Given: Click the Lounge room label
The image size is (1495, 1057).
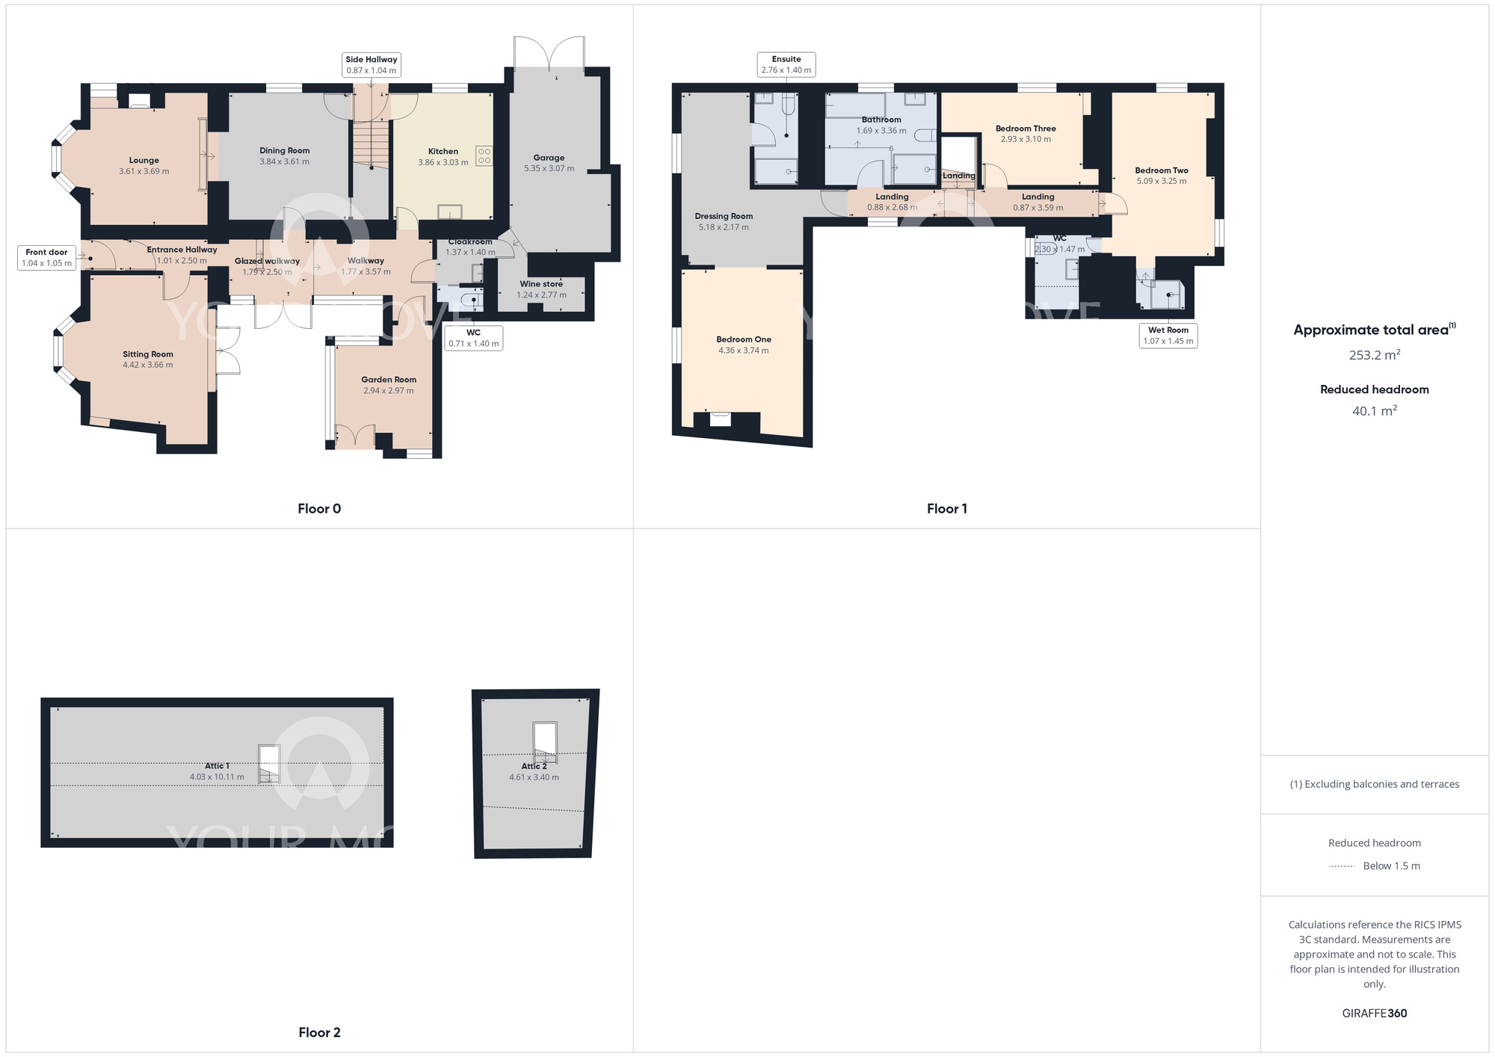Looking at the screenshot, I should [x=144, y=160].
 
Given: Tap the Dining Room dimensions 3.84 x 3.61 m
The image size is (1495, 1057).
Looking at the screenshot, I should [x=284, y=161].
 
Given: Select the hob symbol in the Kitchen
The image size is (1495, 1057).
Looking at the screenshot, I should [x=484, y=155].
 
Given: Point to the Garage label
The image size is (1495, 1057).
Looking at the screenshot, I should [x=549, y=158].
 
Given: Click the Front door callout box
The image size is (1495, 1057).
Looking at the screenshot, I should [x=46, y=258].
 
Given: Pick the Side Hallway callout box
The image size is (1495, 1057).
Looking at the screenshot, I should [x=371, y=65].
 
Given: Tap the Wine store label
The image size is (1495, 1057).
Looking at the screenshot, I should [x=541, y=284].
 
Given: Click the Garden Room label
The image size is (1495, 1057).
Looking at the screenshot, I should [x=389, y=380].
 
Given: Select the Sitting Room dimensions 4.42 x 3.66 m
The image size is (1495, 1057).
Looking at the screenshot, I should [x=148, y=366].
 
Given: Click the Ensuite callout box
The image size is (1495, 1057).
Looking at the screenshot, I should [x=786, y=65].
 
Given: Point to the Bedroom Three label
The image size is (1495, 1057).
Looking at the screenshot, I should [x=1026, y=129].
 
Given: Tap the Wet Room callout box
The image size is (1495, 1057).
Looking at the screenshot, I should [x=1168, y=336].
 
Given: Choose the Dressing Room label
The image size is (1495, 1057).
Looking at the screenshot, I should [x=724, y=216].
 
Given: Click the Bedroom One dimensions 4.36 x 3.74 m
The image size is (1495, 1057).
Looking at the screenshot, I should [x=743, y=351].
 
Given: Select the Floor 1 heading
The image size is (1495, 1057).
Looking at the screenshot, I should [x=946, y=509].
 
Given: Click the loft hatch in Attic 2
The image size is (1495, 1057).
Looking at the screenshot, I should [x=544, y=740].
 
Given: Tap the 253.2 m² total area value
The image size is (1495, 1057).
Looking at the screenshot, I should [x=1374, y=355].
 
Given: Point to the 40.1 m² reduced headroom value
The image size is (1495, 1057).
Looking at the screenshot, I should [x=1374, y=411].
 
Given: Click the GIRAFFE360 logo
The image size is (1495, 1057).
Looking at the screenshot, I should [x=1374, y=1014].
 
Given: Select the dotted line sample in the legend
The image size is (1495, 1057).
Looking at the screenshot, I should [x=1342, y=866].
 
